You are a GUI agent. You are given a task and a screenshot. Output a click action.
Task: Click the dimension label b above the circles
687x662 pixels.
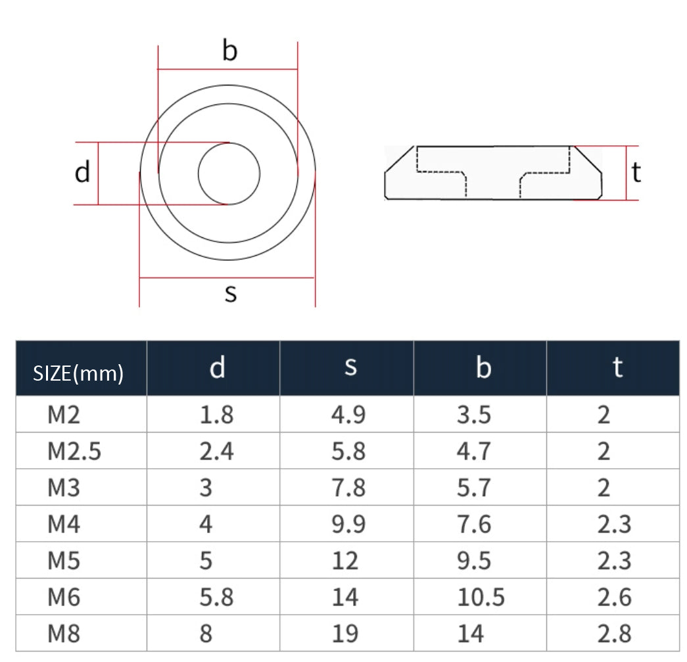tap(229, 51)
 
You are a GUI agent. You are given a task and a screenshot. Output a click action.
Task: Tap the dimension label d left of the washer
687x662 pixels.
tap(82, 173)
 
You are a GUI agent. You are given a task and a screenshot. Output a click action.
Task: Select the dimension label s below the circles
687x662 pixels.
tap(230, 293)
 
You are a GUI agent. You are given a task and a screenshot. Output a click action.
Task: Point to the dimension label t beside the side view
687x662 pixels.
tap(636, 173)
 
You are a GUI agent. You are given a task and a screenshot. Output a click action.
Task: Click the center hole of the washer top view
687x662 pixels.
tap(229, 174)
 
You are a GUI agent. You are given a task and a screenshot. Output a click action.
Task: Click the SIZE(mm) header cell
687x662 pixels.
tap(78, 373)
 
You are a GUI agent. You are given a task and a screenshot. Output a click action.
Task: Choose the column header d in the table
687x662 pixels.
tap(217, 368)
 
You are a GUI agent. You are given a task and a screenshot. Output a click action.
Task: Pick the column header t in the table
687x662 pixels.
tap(617, 367)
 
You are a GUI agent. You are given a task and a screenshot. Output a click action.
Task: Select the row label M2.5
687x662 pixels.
tap(74, 452)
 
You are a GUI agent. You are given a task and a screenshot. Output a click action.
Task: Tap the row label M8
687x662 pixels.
tap(64, 634)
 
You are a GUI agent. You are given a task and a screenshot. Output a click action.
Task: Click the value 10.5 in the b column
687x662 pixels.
tap(481, 598)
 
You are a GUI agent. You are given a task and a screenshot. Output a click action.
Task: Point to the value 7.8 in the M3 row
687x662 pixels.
tap(349, 488)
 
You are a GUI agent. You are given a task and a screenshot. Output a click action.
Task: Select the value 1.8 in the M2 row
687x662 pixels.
tap(216, 415)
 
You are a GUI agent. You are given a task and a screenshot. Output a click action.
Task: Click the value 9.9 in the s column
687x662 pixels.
tap(349, 524)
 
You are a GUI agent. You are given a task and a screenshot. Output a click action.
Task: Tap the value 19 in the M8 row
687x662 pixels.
tap(345, 634)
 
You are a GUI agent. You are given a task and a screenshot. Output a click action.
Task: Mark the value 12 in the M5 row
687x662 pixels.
tap(345, 561)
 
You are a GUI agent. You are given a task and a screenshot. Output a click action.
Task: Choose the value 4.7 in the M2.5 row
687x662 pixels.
tap(474, 452)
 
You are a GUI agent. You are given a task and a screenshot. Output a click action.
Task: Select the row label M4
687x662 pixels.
tap(64, 524)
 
